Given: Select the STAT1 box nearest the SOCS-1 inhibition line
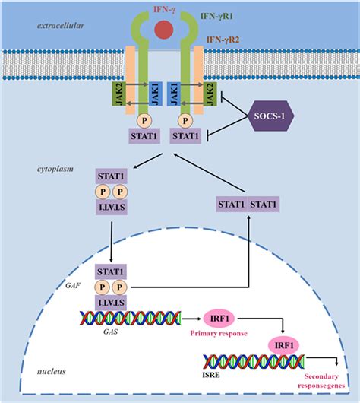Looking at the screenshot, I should pyautogui.click(x=187, y=137).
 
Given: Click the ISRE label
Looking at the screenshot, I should pyautogui.click(x=210, y=374).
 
